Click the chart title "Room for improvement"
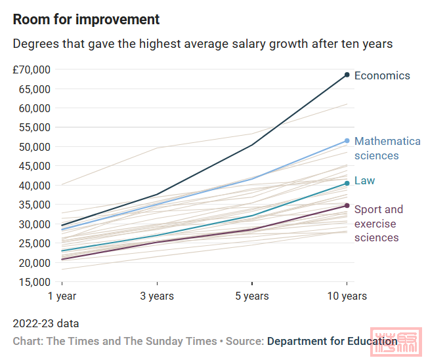(x=86, y=19)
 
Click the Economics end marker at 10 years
(x=347, y=75)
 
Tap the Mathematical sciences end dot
(x=347, y=141)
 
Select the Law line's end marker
(x=347, y=184)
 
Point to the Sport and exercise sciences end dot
(x=347, y=206)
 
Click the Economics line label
(x=382, y=75)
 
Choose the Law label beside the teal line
(x=365, y=180)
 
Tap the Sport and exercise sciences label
(x=379, y=223)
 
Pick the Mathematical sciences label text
(x=387, y=148)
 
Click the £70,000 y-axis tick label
(x=32, y=70)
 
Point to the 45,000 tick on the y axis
(x=34, y=166)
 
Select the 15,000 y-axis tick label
(x=34, y=282)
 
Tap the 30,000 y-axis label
(x=34, y=224)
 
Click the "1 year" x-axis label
(x=62, y=296)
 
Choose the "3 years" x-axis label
(x=157, y=296)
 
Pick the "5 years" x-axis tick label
(x=252, y=296)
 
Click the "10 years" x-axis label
(x=347, y=296)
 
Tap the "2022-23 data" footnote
(x=45, y=324)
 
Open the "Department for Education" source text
(x=332, y=341)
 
